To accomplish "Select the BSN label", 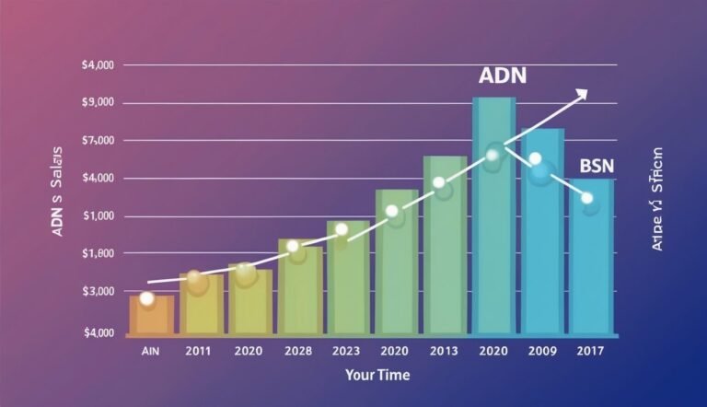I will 597,166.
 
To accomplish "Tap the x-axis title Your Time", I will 377,375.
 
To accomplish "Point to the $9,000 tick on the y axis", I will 98,102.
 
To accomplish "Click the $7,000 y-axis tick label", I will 98,140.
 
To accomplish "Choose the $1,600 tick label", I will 98,253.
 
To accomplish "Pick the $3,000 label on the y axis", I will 98,291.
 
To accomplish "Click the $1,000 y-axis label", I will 98,215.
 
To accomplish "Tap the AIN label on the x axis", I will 151,351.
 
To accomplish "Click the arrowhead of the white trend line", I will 582,92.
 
